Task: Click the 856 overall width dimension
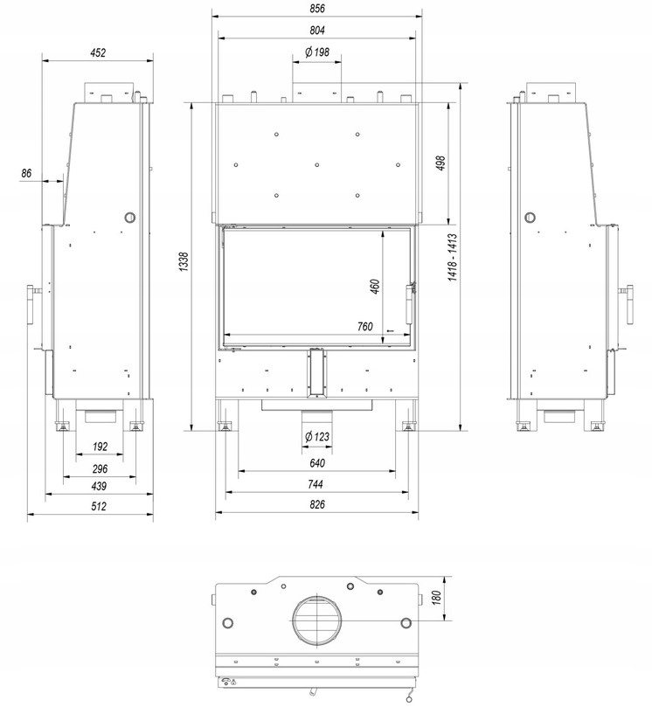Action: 317,8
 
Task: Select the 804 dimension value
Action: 317,31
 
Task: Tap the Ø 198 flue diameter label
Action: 317,52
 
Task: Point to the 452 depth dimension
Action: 98,52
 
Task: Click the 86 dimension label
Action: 26,173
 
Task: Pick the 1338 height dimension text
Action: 184,261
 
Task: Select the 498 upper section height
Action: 440,163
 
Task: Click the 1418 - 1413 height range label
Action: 452,257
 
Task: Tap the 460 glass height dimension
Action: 375,287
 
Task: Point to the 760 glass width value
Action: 364,326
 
